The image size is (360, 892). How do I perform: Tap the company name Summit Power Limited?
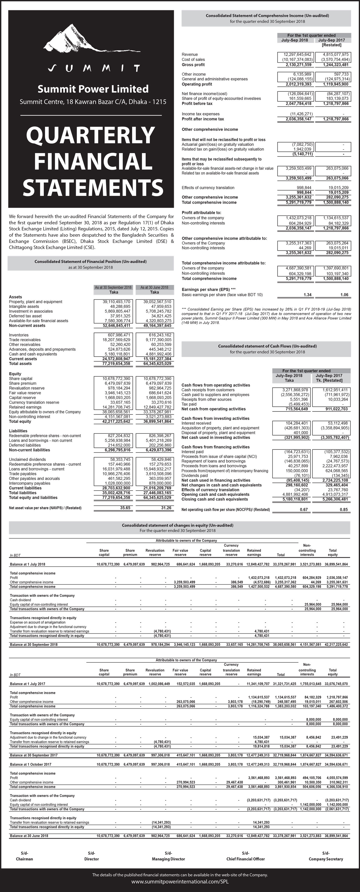coord(93,89)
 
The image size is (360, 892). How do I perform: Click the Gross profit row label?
coord(193,65)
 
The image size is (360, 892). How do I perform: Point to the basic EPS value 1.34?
coord(307,295)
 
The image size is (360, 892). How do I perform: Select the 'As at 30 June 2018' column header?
coord(155,287)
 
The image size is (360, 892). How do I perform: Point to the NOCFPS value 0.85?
coord(343,510)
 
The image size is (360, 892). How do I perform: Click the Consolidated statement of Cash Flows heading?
coord(267,346)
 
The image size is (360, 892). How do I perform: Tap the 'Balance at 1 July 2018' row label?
coord(28,564)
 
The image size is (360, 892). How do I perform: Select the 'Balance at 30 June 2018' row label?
coord(29,836)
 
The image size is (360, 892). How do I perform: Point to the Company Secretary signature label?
coord(326,859)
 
